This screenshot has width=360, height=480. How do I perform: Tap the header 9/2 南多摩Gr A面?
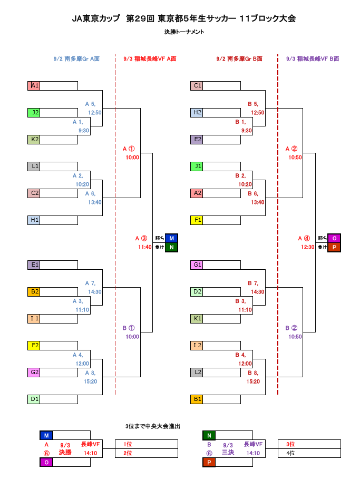click(77, 59)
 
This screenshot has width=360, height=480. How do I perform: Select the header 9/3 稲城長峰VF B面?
click(313, 59)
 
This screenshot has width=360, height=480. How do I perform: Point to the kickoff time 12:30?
click(308, 247)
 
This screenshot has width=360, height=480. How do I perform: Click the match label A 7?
click(90, 283)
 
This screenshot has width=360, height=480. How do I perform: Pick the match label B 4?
click(240, 355)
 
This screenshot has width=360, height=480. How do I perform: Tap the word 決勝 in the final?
click(65, 452)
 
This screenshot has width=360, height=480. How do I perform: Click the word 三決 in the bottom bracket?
click(228, 452)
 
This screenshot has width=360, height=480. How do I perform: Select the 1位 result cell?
click(146, 444)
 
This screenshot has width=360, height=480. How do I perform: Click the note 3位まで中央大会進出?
click(153, 426)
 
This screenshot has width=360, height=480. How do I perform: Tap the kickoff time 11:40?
click(145, 247)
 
